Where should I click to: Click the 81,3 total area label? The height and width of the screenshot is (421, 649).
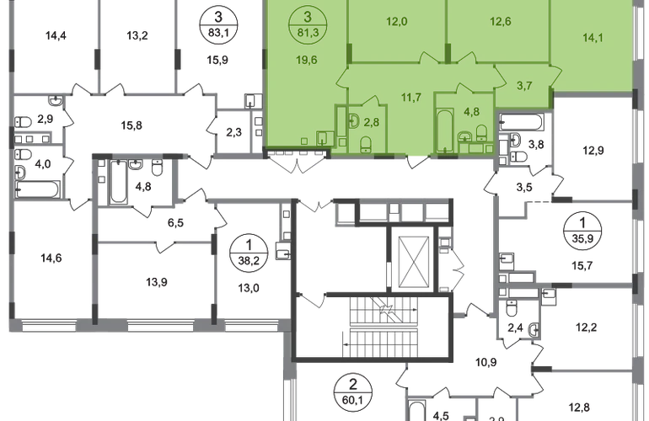(308, 33)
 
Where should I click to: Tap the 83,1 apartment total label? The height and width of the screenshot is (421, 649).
(218, 33)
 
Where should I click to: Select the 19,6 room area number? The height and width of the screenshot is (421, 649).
(306, 60)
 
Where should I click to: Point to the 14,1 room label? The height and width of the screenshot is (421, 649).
(593, 38)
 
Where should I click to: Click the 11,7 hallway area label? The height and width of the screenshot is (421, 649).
(411, 97)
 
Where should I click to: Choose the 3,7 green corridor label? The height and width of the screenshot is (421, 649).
(524, 86)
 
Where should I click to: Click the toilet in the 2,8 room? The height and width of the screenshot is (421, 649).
(366, 144)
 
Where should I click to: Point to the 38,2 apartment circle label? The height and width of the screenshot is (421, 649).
(249, 253)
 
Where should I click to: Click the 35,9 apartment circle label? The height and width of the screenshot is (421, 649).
(582, 231)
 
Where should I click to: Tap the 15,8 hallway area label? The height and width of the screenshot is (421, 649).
(131, 125)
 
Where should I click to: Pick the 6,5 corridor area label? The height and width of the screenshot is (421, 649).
(175, 223)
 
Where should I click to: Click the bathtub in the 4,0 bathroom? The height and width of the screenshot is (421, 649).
(37, 189)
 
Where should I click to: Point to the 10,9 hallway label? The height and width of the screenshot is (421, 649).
(486, 362)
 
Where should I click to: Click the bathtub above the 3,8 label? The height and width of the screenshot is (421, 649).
(521, 121)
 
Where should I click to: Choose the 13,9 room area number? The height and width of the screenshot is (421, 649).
(157, 282)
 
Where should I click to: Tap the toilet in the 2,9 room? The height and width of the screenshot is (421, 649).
(24, 122)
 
